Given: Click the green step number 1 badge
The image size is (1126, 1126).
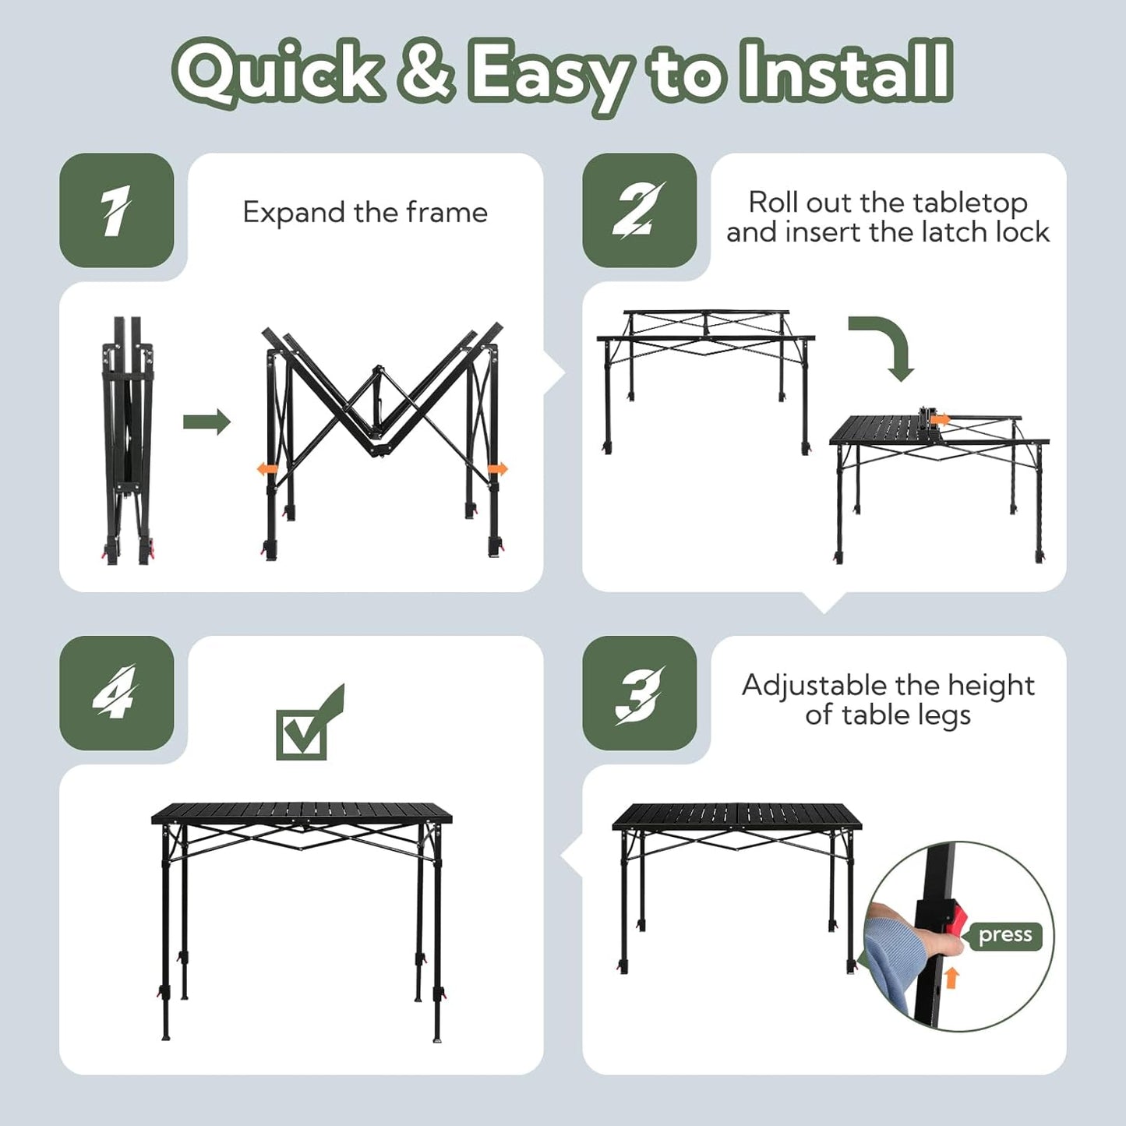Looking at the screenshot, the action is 116,210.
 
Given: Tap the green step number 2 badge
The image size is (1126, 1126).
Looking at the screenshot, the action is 639,210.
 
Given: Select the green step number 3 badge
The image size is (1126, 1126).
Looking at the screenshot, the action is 639,693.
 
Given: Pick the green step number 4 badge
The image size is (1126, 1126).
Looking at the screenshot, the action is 116,693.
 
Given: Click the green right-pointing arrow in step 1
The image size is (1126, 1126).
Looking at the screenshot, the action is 206,422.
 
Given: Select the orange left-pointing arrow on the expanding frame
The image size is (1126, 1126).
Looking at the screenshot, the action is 266,468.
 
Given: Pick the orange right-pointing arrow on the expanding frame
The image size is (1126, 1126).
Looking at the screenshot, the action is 499,468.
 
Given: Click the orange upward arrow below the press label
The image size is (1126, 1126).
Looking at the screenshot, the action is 952,978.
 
